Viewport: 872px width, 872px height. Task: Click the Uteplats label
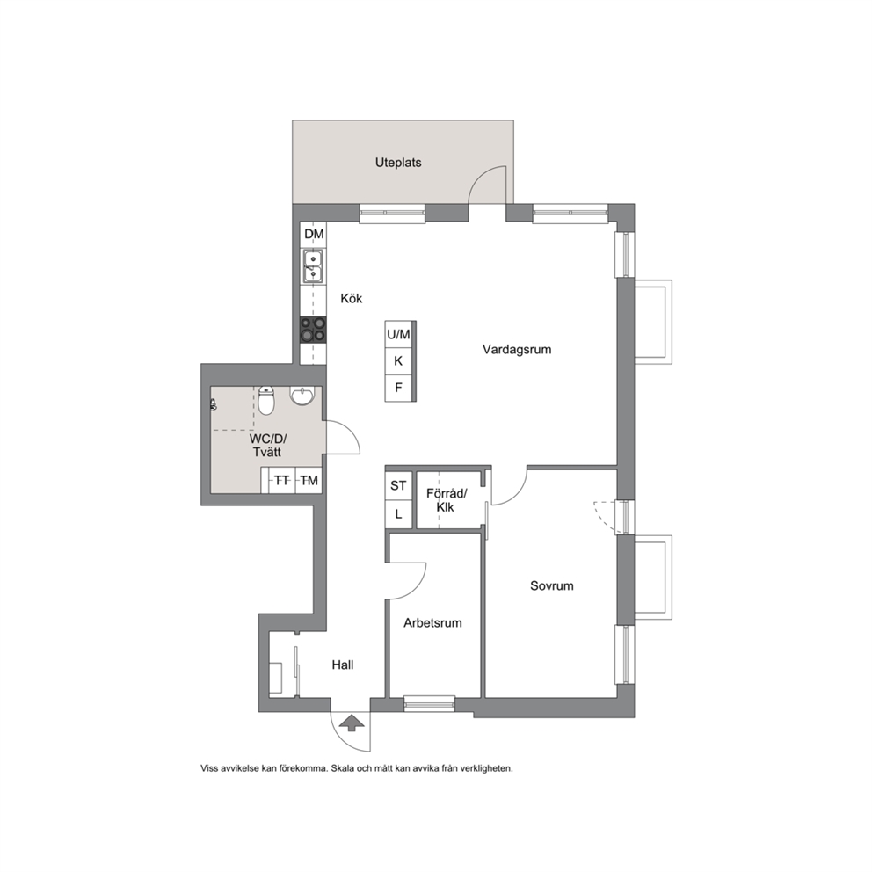(x=398, y=163)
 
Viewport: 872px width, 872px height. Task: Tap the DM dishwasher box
(x=313, y=235)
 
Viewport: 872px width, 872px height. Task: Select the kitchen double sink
(x=313, y=265)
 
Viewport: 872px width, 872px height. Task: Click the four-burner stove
(x=313, y=330)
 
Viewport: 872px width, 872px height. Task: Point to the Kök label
(x=352, y=299)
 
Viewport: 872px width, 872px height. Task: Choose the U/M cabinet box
(x=398, y=334)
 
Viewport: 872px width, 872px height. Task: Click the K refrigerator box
(x=398, y=361)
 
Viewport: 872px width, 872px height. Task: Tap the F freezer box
(x=398, y=388)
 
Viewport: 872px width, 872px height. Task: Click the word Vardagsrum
(x=517, y=350)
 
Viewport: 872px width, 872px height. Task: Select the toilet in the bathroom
(x=267, y=401)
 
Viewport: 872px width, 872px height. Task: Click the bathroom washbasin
(x=302, y=396)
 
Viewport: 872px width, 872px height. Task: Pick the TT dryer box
(x=282, y=480)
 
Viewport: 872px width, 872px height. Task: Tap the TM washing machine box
(x=309, y=480)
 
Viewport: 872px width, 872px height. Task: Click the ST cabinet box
(x=398, y=485)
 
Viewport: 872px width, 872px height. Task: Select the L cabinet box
(x=398, y=514)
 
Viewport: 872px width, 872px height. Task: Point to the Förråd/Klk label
(x=447, y=500)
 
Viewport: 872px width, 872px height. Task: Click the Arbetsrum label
(x=432, y=623)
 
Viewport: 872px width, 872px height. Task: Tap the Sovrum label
(x=552, y=585)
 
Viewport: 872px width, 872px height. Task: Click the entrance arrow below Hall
(x=352, y=723)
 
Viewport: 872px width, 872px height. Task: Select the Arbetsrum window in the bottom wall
(x=429, y=704)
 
